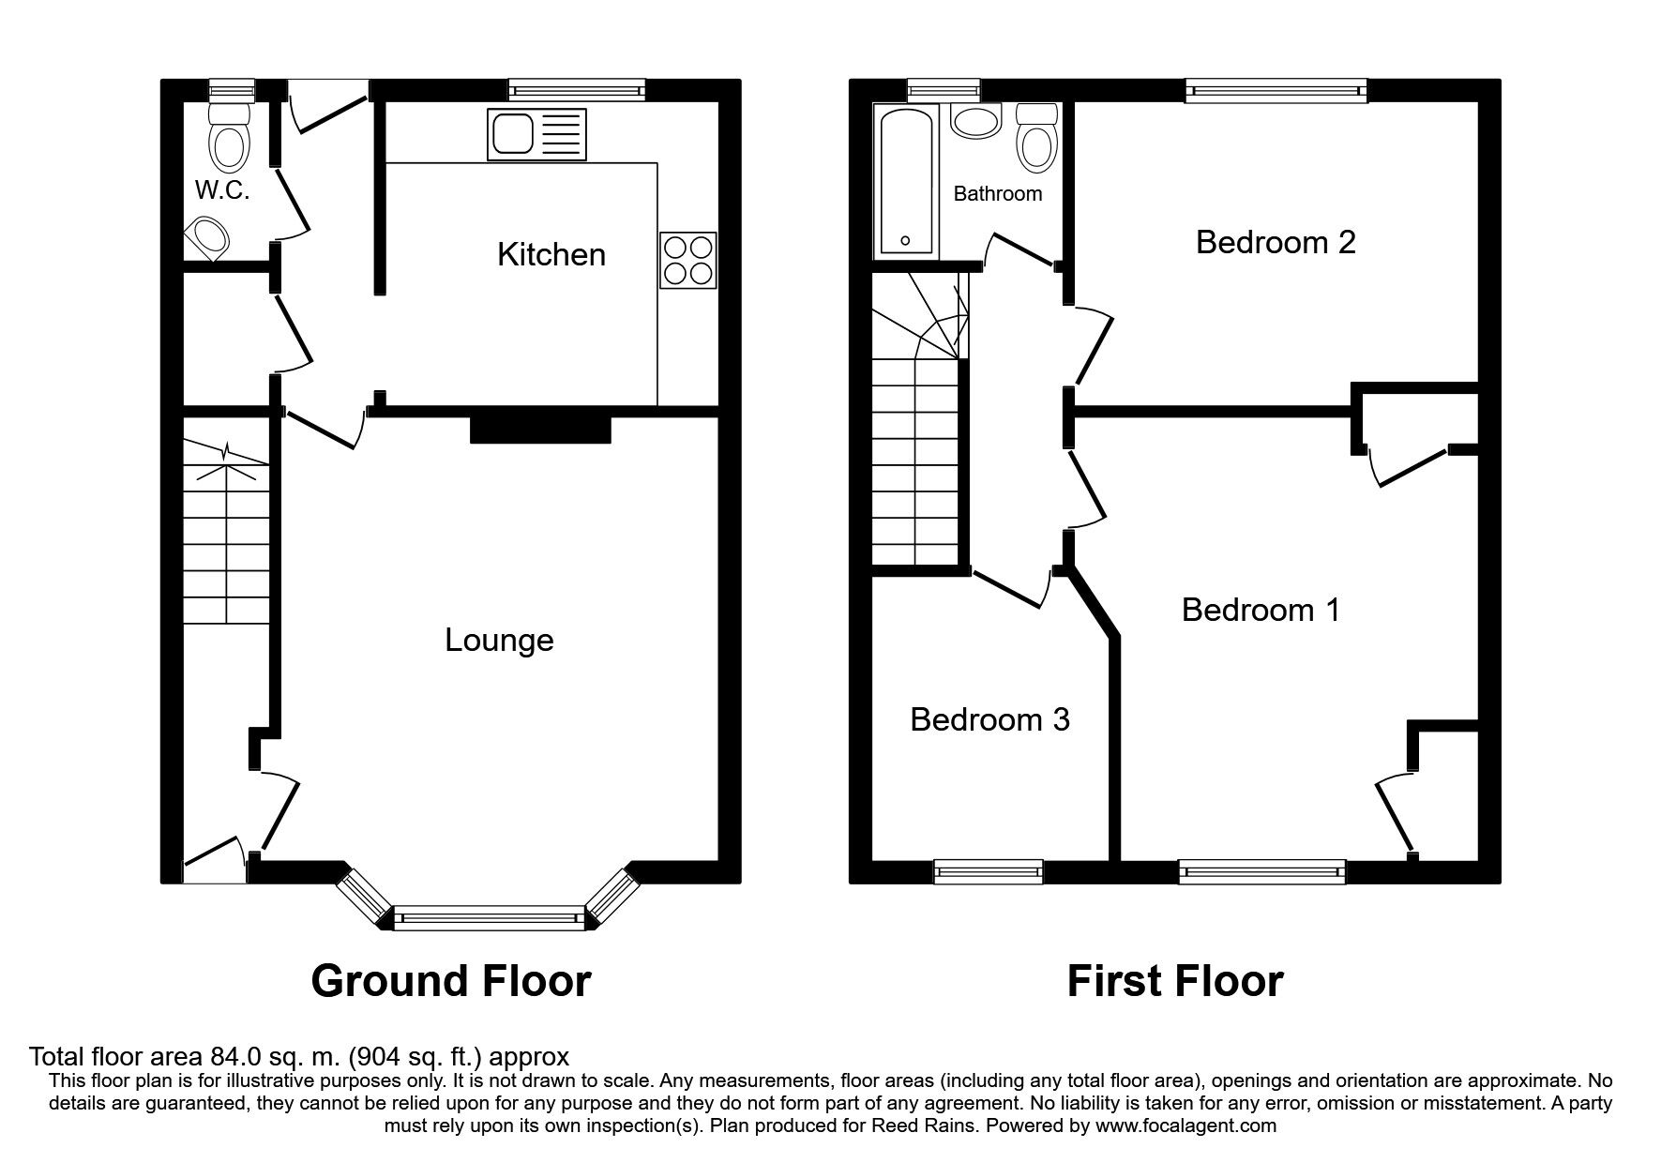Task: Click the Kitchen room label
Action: pos(551,254)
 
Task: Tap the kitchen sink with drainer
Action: pos(535,133)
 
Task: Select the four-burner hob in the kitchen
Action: pos(687,260)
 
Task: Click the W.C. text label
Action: pos(221,190)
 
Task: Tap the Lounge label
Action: pos(499,641)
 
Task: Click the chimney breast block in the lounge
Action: pos(540,429)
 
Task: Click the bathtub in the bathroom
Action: pos(904,181)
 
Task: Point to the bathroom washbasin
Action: pos(975,121)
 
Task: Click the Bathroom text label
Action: pos(997,193)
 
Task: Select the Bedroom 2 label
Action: pos(1275,242)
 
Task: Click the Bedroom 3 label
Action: pos(989,719)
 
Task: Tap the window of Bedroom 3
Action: pos(989,871)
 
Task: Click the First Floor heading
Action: pos(1174,981)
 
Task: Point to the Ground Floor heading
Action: pos(450,981)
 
